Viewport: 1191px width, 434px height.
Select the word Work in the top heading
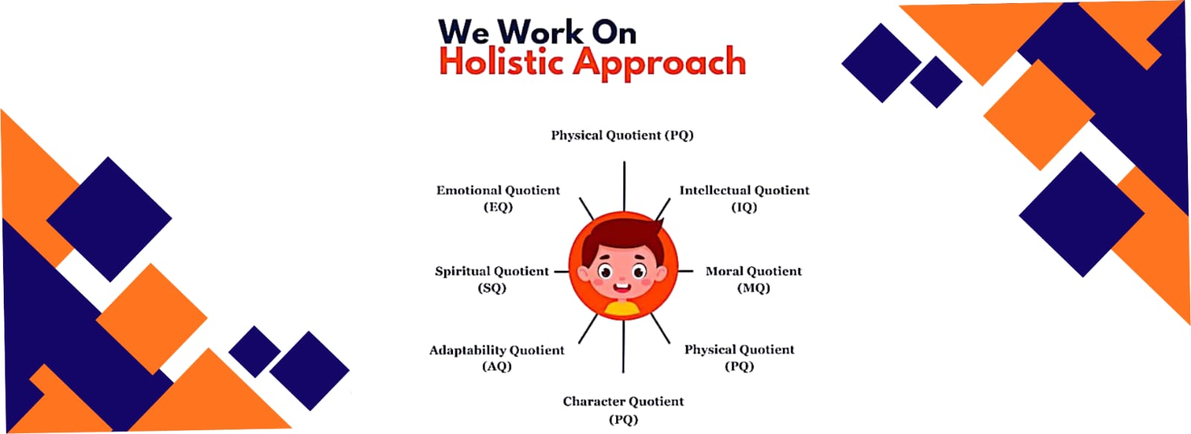click(540, 32)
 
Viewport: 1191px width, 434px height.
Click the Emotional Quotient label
click(498, 198)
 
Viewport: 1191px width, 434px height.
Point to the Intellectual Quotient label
click(744, 198)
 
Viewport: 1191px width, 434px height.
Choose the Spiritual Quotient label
click(492, 279)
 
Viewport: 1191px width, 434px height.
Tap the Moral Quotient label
click(754, 279)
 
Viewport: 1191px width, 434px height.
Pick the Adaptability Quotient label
click(497, 358)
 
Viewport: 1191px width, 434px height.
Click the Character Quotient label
click(623, 410)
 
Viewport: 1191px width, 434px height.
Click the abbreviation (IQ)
click(744, 207)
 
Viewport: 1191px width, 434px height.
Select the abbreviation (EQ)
click(498, 207)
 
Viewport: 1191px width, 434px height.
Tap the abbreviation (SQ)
click(492, 288)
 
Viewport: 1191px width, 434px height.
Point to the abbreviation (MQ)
click(754, 288)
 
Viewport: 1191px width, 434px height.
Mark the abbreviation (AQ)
click(497, 366)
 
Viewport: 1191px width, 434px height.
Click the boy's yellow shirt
click(623, 308)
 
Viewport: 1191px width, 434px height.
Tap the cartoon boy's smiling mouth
click(621, 288)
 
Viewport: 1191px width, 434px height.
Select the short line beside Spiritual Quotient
click(562, 272)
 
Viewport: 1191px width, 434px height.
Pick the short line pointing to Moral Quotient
click(685, 272)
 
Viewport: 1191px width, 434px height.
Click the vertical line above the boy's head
click(624, 186)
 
